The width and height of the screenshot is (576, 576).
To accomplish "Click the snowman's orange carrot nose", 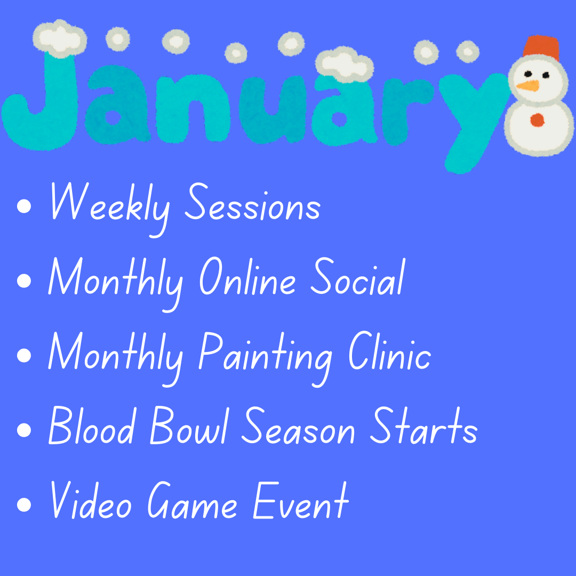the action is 528,86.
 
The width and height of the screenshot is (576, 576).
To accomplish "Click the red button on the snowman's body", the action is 537,120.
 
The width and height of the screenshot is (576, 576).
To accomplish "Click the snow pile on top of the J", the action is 60,38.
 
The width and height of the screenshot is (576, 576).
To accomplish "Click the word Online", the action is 247,276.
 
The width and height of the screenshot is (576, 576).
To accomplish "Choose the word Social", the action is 357,276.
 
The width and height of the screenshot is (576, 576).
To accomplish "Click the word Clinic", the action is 389,351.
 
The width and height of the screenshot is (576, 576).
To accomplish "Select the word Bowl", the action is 189,426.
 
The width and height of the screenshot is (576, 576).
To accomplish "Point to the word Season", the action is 298,426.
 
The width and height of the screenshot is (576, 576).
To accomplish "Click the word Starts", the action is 423,426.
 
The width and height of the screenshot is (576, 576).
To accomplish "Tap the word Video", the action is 91,500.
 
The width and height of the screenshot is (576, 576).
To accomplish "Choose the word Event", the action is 301,500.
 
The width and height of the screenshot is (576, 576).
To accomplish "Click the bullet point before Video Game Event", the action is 24,505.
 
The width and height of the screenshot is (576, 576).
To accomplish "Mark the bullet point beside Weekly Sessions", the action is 24,206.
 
